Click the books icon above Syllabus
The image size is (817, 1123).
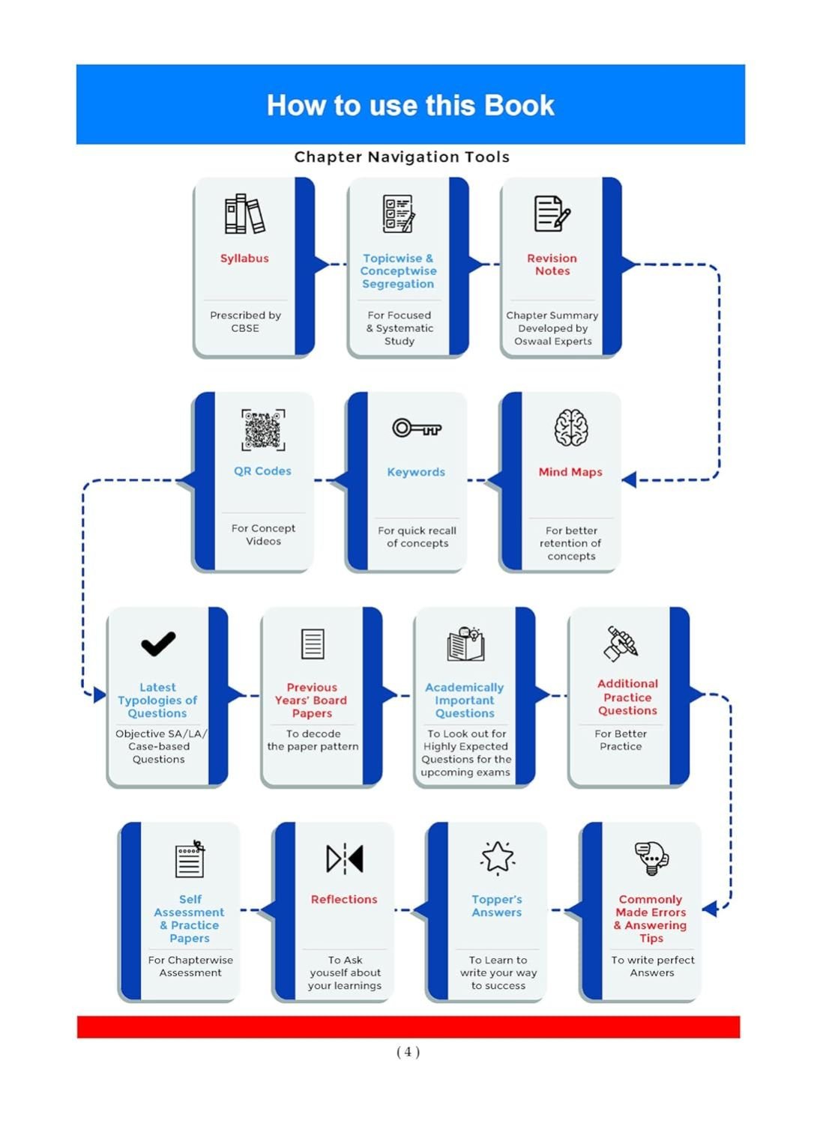pyautogui.click(x=244, y=214)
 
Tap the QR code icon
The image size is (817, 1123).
pyautogui.click(x=263, y=430)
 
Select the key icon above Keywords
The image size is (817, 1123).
pyautogui.click(x=416, y=428)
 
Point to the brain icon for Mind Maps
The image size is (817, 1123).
pyautogui.click(x=570, y=427)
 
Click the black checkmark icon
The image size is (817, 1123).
pyautogui.click(x=158, y=644)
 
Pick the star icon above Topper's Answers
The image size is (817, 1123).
pyautogui.click(x=497, y=857)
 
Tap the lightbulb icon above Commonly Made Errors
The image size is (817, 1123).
pyautogui.click(x=651, y=858)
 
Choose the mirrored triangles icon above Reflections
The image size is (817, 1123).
pyautogui.click(x=345, y=859)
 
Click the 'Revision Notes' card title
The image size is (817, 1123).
pyautogui.click(x=552, y=264)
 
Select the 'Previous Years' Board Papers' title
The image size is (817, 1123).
pyautogui.click(x=312, y=700)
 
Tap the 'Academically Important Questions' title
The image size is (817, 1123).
pyautogui.click(x=465, y=700)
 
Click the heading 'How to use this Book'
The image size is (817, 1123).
pyautogui.click(x=410, y=106)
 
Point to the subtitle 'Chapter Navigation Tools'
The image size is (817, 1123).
pyautogui.click(x=402, y=157)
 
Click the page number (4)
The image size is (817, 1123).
pyautogui.click(x=408, y=1051)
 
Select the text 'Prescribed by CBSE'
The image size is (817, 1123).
pyautogui.click(x=245, y=322)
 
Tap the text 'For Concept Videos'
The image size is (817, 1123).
pyautogui.click(x=263, y=534)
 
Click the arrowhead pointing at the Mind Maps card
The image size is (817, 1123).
pyautogui.click(x=629, y=479)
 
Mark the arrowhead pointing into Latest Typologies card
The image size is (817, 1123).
pyautogui.click(x=100, y=695)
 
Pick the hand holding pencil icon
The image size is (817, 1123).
pyautogui.click(x=621, y=644)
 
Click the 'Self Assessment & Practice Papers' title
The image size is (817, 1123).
pyautogui.click(x=190, y=918)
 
